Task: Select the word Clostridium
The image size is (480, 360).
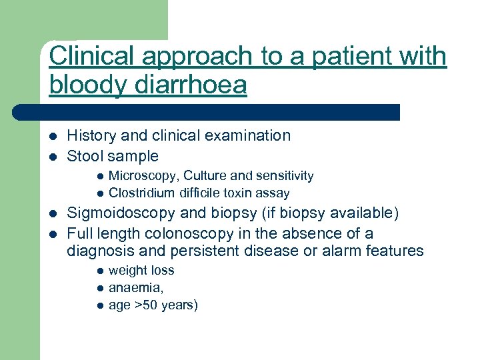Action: [141, 193]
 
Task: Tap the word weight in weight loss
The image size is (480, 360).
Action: [127, 271]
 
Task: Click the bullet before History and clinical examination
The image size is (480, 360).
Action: [52, 136]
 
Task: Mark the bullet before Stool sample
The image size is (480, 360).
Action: [52, 157]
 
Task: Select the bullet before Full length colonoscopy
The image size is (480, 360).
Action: [52, 234]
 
